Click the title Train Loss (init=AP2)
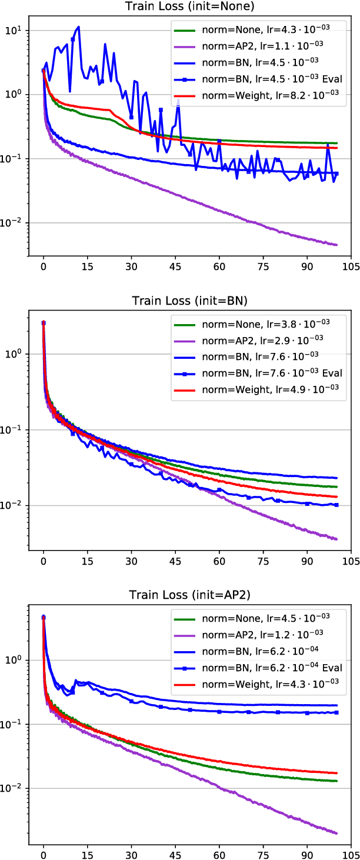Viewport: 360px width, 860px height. (x=190, y=595)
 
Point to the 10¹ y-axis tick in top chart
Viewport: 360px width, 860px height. (x=13, y=30)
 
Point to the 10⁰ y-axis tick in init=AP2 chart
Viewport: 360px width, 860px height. (x=13, y=660)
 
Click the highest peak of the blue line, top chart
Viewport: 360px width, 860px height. (x=78, y=26)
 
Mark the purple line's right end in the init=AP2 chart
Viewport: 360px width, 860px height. (x=336, y=833)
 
